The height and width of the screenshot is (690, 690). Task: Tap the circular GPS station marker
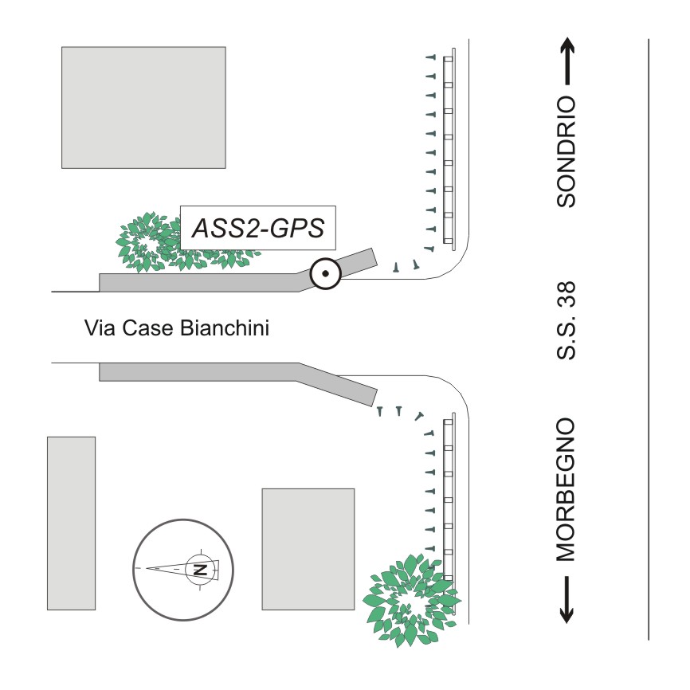tap(326, 275)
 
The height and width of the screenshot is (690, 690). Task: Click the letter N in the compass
tap(200, 569)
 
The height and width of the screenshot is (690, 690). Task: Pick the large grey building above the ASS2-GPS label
tap(143, 107)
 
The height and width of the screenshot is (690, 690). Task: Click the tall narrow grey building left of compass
tap(71, 523)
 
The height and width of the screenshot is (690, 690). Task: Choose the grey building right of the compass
tap(308, 548)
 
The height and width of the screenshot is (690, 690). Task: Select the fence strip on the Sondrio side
tap(448, 147)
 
